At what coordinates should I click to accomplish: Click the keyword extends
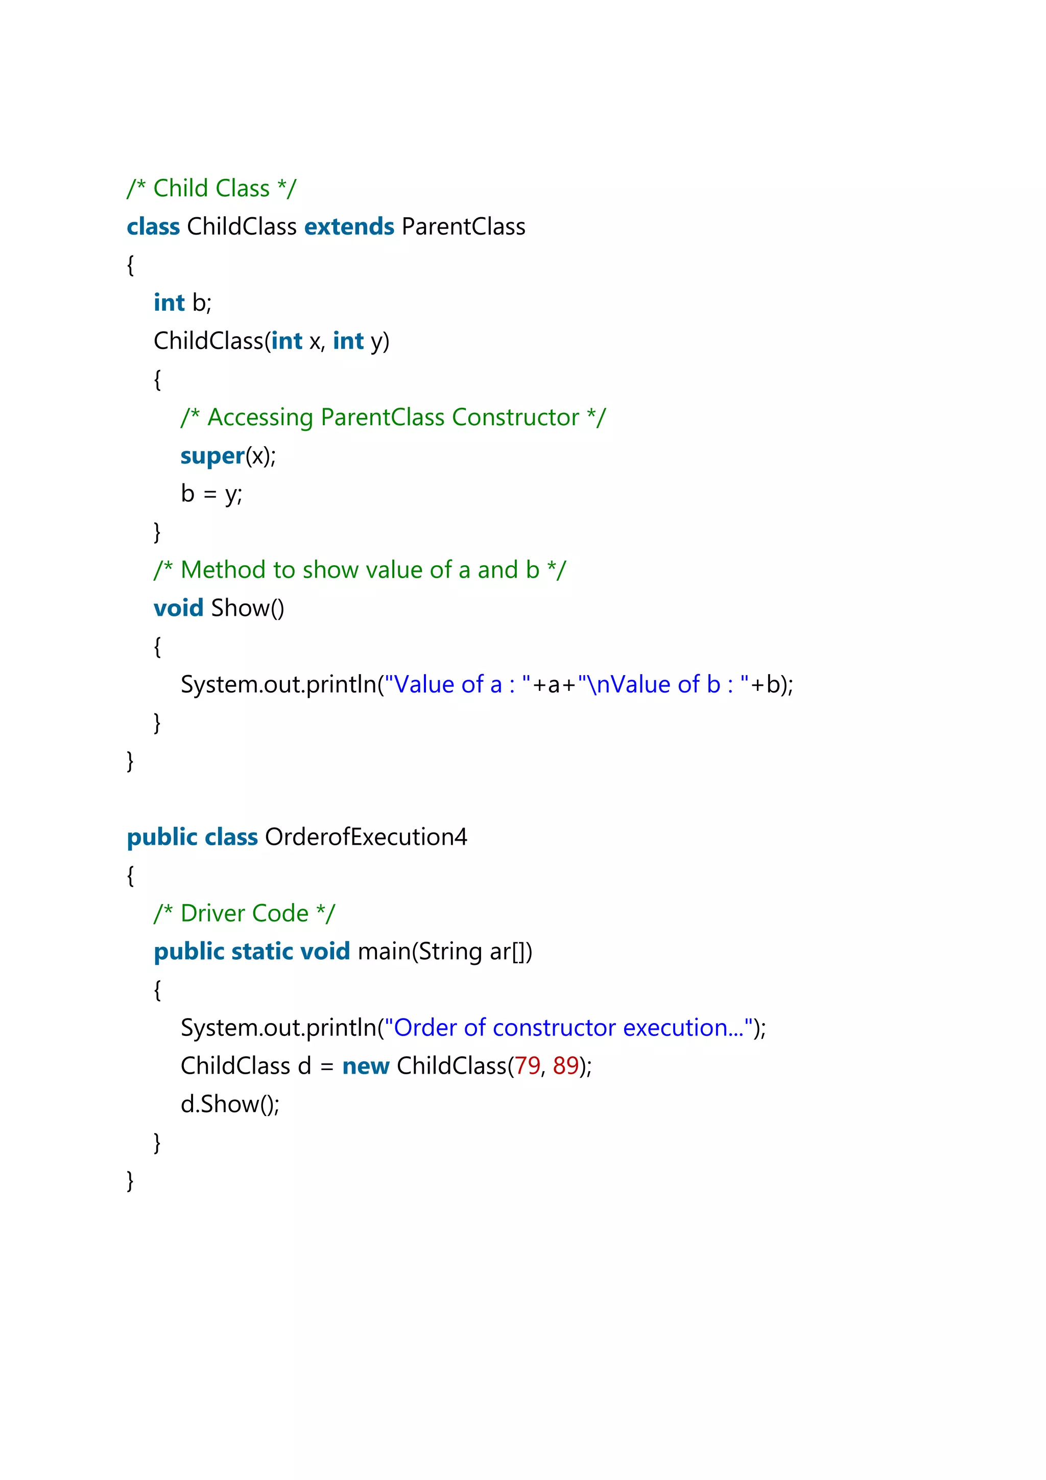click(349, 227)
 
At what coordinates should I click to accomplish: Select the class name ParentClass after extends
click(463, 227)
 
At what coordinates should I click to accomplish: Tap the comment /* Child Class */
click(211, 188)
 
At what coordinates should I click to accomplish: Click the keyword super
click(212, 456)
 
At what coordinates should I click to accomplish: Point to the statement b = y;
click(211, 494)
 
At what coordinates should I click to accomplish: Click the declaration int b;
click(182, 303)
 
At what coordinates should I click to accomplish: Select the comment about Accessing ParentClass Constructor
click(393, 418)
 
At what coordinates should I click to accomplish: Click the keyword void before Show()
click(178, 608)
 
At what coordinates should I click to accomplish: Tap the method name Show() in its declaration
click(247, 608)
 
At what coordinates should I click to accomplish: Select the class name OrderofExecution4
click(366, 837)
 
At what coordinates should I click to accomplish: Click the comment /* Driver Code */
click(244, 913)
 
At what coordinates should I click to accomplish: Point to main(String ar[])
click(444, 952)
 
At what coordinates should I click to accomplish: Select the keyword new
click(365, 1066)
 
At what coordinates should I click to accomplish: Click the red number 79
click(528, 1066)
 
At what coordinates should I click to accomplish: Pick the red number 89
click(565, 1066)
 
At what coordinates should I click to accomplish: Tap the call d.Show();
click(230, 1104)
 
